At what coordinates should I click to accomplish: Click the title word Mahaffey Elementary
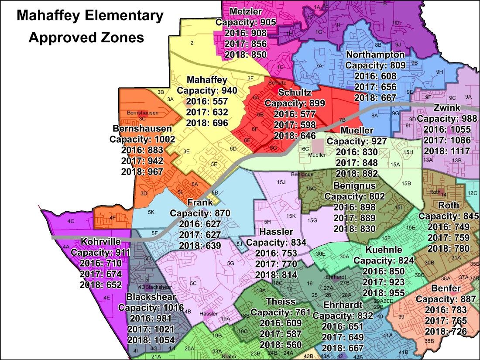coord(90,16)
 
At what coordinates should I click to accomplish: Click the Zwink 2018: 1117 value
coord(447,151)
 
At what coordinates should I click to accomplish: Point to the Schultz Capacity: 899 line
coord(295,103)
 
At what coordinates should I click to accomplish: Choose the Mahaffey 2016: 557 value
coord(207,102)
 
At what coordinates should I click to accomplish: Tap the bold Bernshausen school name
coord(142,129)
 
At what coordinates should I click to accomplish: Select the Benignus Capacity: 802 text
coord(355,197)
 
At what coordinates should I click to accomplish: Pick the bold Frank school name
coord(200,202)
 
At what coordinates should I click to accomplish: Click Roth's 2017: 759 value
coord(449,238)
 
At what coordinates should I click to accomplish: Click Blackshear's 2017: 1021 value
coord(151,329)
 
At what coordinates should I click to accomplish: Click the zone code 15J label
coord(281,182)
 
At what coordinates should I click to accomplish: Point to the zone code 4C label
coord(71,222)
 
